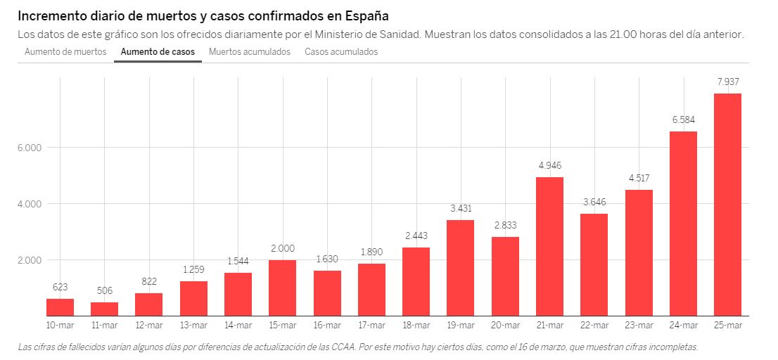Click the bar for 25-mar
[727, 205]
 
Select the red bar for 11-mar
[105, 309]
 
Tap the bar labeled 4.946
[549, 246]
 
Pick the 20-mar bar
[505, 276]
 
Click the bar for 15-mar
[283, 288]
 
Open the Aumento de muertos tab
[65, 52]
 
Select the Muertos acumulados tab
[250, 52]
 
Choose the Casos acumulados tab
[341, 52]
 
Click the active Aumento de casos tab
[158, 52]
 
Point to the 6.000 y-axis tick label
[29, 148]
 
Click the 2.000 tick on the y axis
[29, 260]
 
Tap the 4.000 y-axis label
[29, 204]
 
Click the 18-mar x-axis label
[416, 325]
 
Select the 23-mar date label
[639, 325]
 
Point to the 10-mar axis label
[60, 325]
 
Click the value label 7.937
[727, 82]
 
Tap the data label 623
[60, 287]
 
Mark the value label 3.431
[460, 209]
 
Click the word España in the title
[364, 15]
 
